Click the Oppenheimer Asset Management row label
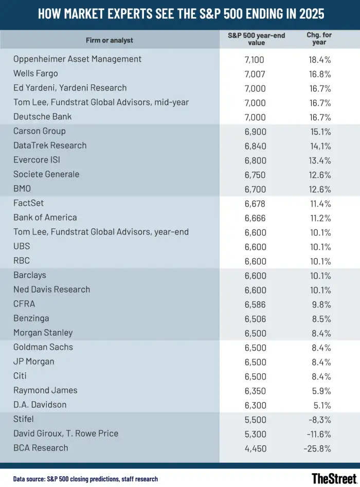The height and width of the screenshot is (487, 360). pyautogui.click(x=77, y=59)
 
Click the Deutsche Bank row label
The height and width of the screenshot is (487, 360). pyautogui.click(x=43, y=117)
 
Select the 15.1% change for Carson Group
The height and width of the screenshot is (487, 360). pyautogui.click(x=319, y=131)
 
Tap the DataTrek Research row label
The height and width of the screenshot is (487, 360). pyautogui.click(x=50, y=146)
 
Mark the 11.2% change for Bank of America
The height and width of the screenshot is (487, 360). pyautogui.click(x=319, y=218)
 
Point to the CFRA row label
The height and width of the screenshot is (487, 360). pyautogui.click(x=24, y=304)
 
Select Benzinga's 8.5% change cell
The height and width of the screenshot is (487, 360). pyautogui.click(x=319, y=318)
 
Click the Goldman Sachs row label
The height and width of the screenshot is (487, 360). pyautogui.click(x=43, y=347)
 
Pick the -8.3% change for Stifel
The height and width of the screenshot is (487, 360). pyautogui.click(x=319, y=419)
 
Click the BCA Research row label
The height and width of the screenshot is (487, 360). pyautogui.click(x=41, y=448)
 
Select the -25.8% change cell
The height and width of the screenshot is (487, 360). pyautogui.click(x=317, y=448)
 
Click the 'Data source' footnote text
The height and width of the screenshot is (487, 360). pyautogui.click(x=85, y=479)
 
